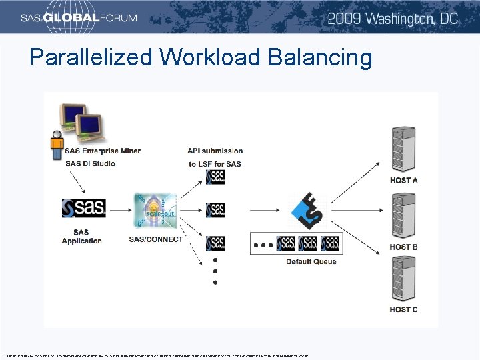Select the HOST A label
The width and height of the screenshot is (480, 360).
point(404,181)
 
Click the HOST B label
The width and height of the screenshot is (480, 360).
point(404,247)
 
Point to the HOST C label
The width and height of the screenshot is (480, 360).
point(404,309)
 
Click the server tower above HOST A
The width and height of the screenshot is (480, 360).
point(405,150)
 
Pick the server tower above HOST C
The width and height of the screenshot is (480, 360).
point(405,280)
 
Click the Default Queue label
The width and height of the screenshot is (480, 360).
point(311,262)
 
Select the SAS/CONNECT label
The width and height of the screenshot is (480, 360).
point(156,239)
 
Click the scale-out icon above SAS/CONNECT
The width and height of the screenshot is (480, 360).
point(155,211)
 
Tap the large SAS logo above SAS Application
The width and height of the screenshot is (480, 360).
point(83,209)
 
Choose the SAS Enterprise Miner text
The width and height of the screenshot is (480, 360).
point(103,151)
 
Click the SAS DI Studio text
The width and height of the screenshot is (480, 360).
point(90,163)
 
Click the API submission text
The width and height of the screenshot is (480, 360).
point(215,151)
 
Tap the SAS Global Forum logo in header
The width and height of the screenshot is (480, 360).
point(79,18)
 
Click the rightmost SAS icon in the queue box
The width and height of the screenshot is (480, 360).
point(330,243)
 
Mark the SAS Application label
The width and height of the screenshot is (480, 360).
point(82,237)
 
